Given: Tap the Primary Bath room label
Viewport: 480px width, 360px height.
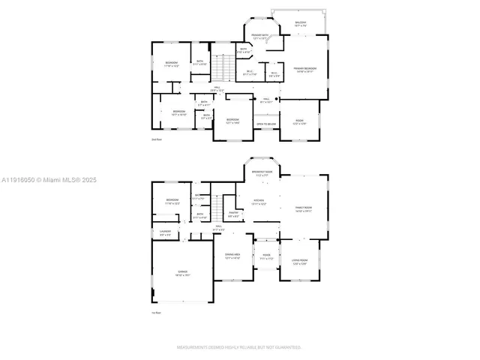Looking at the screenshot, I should click(260, 36).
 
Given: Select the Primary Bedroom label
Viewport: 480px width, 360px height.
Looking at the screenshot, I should click(304, 70).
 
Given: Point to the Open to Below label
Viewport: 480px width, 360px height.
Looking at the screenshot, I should click(265, 124).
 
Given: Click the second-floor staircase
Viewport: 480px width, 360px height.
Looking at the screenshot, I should click(219, 69).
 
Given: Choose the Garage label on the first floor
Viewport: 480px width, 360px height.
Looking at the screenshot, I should click(182, 272).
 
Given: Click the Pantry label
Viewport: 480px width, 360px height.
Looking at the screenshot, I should click(233, 214).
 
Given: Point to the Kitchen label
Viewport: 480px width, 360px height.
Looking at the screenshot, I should click(258, 202).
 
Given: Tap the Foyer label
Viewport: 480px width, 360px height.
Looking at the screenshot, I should click(265, 256).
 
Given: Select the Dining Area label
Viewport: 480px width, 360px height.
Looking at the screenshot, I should click(232, 256).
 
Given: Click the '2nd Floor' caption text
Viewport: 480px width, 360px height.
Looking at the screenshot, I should click(157, 140).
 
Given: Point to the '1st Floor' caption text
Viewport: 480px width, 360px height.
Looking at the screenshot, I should click(157, 313).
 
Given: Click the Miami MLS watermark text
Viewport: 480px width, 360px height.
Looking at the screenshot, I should click(44, 180).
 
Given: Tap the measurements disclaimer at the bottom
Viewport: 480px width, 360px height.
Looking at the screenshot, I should click(239, 347).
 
